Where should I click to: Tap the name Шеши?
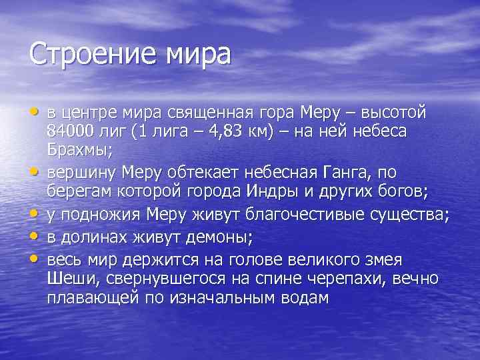(x=68, y=278)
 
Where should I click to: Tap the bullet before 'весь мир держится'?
(x=34, y=257)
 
